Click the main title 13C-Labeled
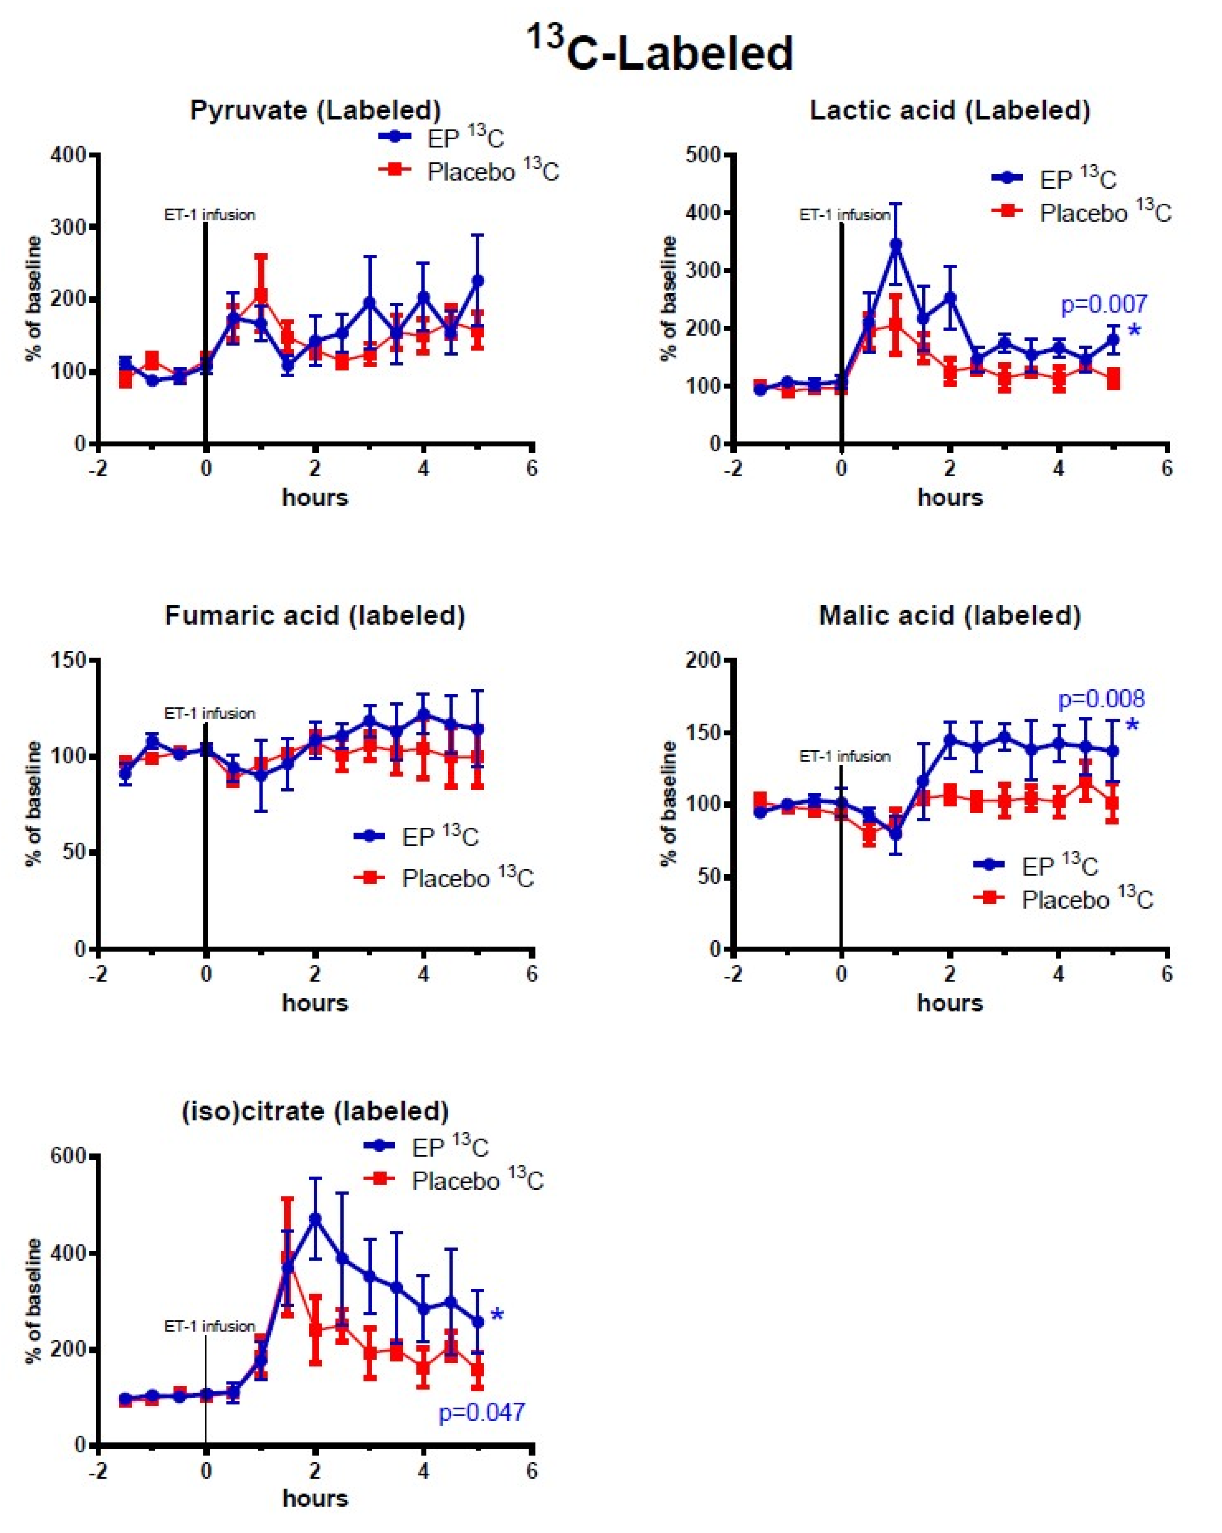tap(660, 50)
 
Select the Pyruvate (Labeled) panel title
tap(315, 110)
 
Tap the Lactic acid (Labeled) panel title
tap(950, 110)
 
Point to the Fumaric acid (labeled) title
tap(315, 615)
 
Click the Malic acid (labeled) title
tap(950, 615)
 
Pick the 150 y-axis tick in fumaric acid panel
tap(67, 660)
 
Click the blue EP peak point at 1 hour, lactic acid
tap(895, 245)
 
